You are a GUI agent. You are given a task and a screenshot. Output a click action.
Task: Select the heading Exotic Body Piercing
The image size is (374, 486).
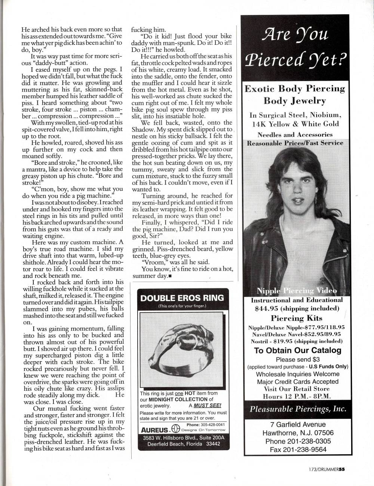(x=294, y=89)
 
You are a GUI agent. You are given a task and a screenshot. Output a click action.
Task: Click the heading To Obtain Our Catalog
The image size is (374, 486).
(x=297, y=350)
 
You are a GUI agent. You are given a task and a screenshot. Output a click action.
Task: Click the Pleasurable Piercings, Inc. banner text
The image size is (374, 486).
(x=297, y=409)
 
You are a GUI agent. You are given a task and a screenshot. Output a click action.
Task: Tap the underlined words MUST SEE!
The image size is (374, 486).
(x=210, y=405)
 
